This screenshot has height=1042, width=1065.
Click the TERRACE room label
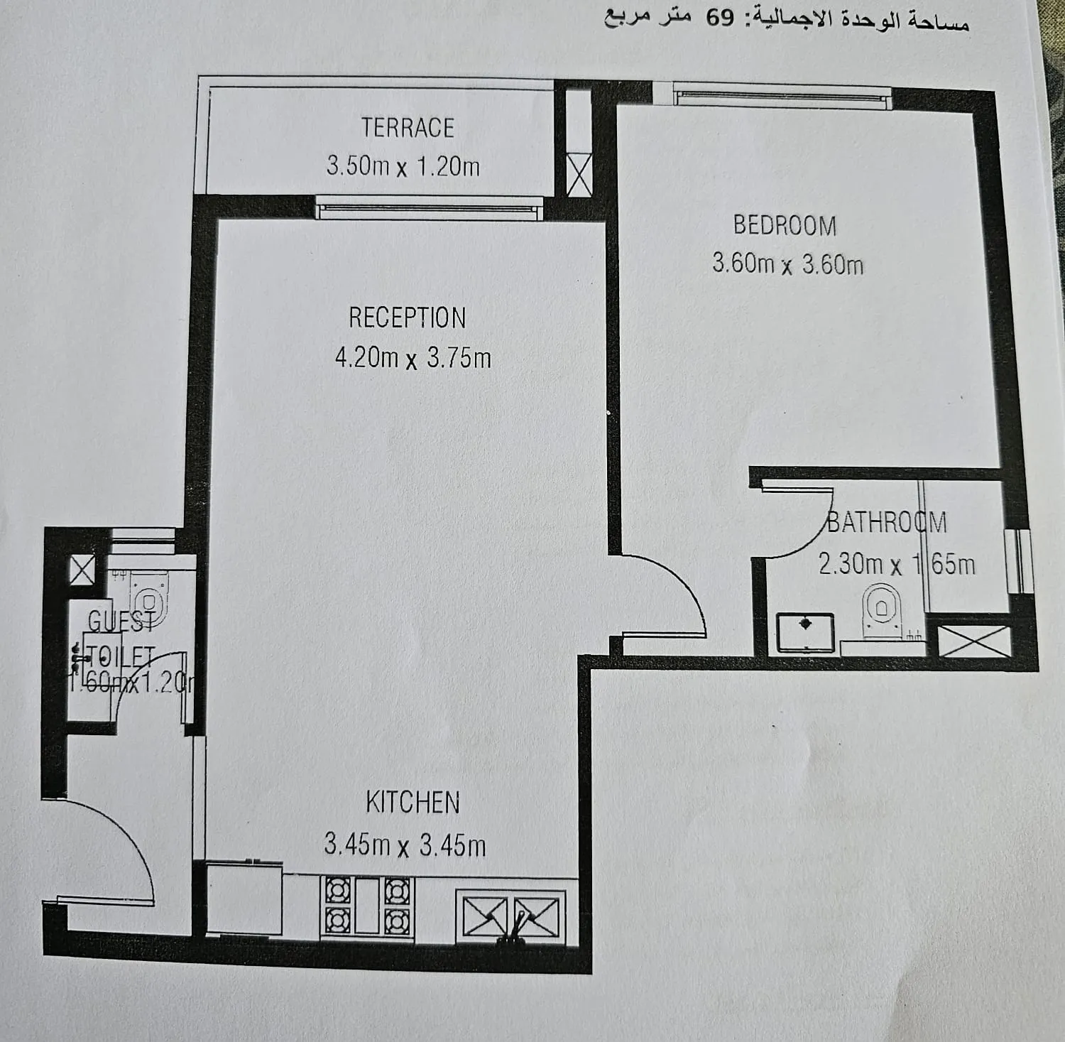pos(408,128)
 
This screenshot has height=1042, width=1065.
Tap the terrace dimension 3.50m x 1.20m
pos(403,166)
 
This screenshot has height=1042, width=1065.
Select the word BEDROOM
pos(785,226)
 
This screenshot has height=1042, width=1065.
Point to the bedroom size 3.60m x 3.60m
pos(787,264)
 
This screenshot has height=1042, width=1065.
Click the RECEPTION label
pos(407,318)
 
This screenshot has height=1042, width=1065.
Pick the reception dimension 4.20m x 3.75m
pos(413,357)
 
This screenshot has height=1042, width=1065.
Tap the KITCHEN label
pos(413,803)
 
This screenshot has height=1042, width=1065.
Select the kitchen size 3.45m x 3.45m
pos(405,845)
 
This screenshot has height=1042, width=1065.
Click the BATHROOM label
pos(887,523)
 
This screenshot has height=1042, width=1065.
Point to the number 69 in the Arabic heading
pos(720,18)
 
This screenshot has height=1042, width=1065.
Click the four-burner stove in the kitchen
pos(367,906)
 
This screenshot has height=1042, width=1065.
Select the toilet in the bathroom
pos(880,609)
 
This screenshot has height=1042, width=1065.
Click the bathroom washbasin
pos(805,631)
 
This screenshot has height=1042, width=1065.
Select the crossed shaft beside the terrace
pos(579,175)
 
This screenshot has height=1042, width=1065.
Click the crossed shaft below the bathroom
pos(974,641)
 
